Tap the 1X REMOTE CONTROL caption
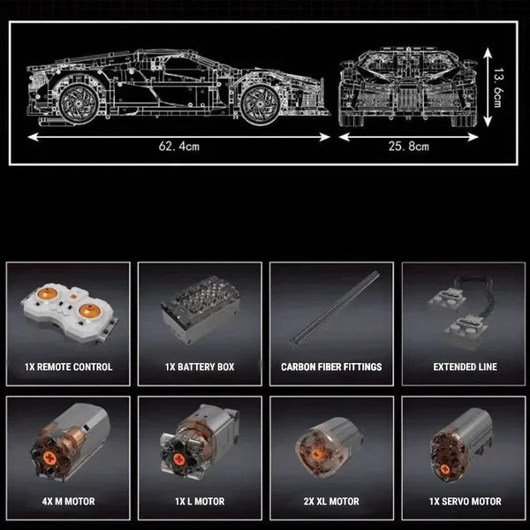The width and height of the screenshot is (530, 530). pyautogui.click(x=69, y=367)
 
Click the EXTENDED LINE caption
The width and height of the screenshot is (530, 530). pyautogui.click(x=465, y=367)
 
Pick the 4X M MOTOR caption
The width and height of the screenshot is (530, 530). pyautogui.click(x=69, y=501)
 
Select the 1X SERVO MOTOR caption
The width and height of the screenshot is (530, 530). pyautogui.click(x=465, y=501)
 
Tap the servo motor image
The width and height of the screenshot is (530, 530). pyautogui.click(x=459, y=446)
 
